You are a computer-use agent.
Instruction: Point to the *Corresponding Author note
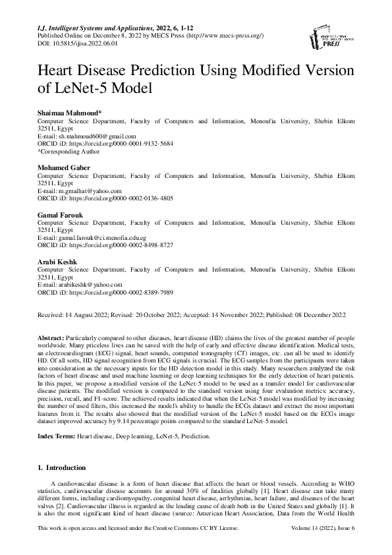click(65, 150)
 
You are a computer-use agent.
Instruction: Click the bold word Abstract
click(51, 336)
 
